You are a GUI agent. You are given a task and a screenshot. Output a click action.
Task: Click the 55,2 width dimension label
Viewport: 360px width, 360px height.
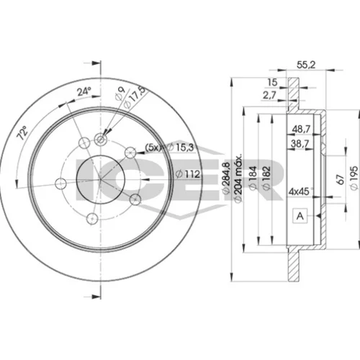(x=306, y=65)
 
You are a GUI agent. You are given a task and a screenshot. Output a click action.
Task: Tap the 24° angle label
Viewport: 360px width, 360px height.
(x=84, y=91)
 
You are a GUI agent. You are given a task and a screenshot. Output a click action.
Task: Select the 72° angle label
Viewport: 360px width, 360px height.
(x=22, y=133)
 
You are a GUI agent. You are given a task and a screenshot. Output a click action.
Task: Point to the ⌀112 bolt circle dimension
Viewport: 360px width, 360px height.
(x=188, y=174)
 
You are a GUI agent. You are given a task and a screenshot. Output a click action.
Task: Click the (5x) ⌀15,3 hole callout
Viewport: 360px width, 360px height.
(x=169, y=147)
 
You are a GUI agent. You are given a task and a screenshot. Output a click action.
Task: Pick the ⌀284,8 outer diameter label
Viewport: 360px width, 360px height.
(x=227, y=178)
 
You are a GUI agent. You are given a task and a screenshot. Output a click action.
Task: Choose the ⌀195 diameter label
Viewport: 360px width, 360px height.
(x=354, y=178)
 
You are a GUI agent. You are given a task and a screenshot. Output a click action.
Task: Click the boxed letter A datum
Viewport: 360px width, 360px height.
(x=300, y=216)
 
